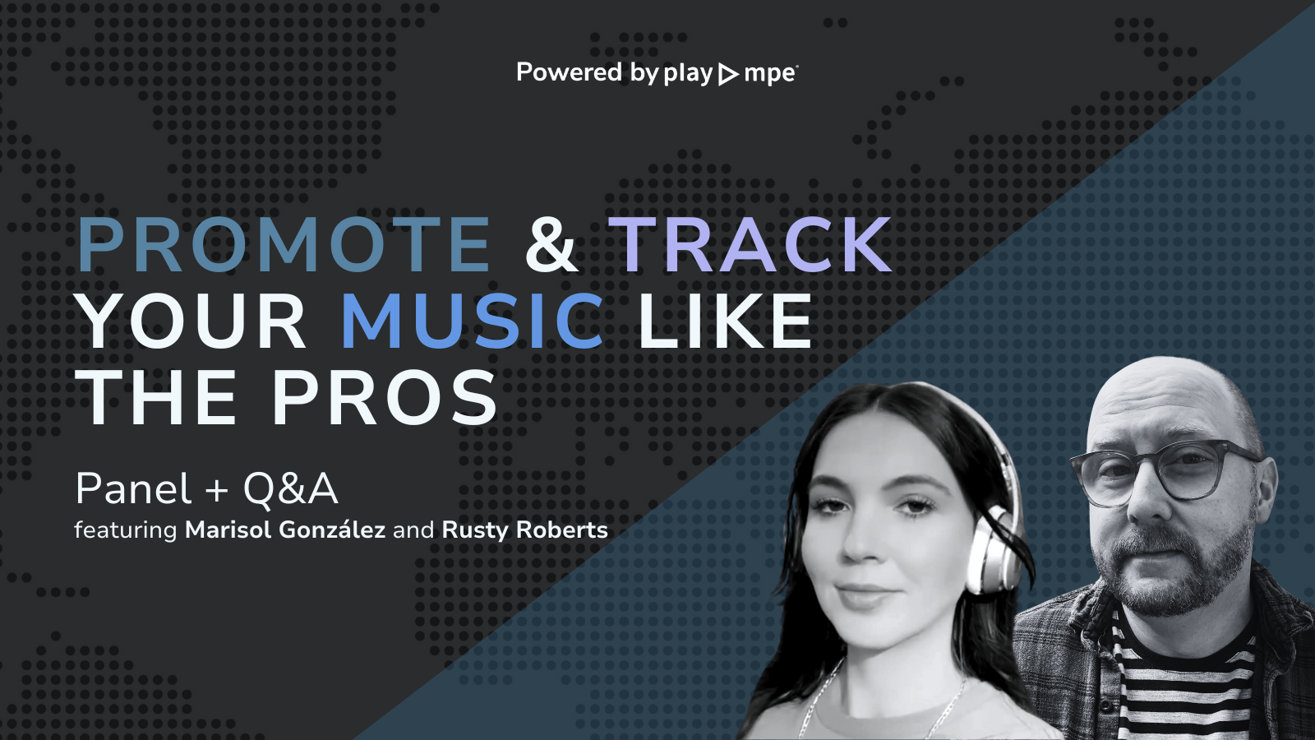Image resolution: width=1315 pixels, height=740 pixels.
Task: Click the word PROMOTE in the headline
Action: click(x=284, y=244)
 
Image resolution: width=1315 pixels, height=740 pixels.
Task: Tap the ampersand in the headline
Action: click(x=551, y=244)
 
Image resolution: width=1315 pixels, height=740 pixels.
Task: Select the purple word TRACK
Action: click(x=750, y=244)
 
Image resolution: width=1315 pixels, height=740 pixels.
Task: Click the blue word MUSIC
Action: click(x=473, y=321)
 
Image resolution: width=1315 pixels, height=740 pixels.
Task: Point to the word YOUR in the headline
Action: click(x=193, y=321)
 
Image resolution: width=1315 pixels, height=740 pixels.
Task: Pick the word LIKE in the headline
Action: click(x=725, y=321)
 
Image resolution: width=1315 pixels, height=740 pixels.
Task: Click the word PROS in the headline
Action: click(x=385, y=398)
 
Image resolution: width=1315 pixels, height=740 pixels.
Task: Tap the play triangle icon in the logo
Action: click(x=728, y=74)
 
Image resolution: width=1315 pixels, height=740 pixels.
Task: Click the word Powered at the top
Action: click(x=569, y=72)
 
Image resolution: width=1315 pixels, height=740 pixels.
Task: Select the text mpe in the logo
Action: click(x=769, y=74)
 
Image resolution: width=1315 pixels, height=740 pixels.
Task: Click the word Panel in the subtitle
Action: click(x=133, y=489)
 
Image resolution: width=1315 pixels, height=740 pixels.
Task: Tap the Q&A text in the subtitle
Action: click(x=291, y=489)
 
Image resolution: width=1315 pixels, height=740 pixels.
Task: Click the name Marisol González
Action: click(x=285, y=530)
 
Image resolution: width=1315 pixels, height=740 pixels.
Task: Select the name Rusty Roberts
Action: click(x=525, y=530)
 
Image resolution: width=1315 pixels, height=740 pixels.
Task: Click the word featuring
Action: click(x=126, y=530)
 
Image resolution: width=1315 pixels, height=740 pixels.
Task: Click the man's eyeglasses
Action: click(x=1167, y=473)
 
